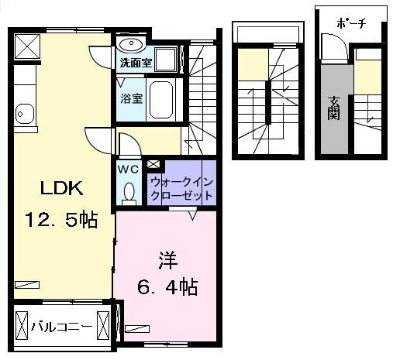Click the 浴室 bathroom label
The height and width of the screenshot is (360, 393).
(131, 98)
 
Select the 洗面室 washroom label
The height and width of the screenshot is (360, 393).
(134, 60)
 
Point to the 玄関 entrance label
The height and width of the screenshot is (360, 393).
(334, 107)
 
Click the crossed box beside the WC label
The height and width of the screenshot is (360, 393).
(153, 164)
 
